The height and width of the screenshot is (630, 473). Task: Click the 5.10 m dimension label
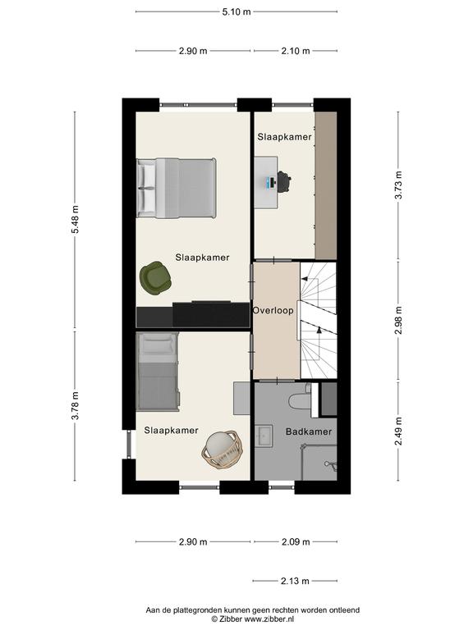tap(236, 12)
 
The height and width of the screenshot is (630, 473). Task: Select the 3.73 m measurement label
tap(398, 185)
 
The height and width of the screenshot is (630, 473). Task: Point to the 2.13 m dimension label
tap(295, 581)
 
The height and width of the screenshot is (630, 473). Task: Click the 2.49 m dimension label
tap(398, 431)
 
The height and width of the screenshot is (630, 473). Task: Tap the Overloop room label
tap(273, 311)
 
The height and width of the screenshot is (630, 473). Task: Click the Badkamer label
tap(309, 432)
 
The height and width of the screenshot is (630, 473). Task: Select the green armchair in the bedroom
tap(155, 278)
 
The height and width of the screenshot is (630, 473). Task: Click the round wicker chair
tap(222, 449)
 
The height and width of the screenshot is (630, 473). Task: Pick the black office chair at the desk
tap(284, 182)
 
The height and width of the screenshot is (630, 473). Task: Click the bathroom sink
tap(264, 436)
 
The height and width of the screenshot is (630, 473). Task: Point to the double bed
tap(177, 188)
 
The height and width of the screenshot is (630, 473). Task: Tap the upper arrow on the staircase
tap(305, 278)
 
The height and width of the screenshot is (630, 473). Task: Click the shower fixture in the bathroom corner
tap(330, 465)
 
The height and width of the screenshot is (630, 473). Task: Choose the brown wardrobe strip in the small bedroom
tap(326, 185)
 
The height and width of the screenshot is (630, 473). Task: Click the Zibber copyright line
tap(254, 619)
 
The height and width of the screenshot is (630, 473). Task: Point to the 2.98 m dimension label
tap(398, 320)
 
